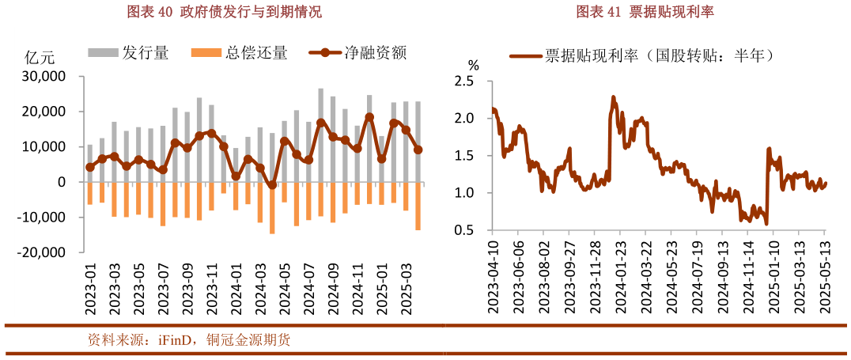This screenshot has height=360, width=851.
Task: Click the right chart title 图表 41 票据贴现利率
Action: tap(639, 12)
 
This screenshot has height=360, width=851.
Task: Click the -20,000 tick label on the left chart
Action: tap(41, 252)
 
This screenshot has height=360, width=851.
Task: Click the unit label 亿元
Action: tap(40, 57)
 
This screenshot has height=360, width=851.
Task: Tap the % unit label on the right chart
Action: tap(473, 64)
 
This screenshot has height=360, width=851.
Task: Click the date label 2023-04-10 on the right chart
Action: tap(493, 277)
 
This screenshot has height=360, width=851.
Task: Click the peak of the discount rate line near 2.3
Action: tap(613, 97)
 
